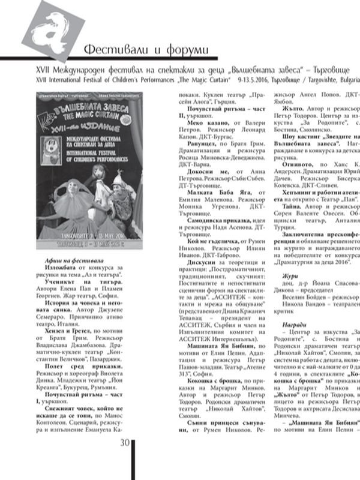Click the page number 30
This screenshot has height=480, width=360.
[124, 460]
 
